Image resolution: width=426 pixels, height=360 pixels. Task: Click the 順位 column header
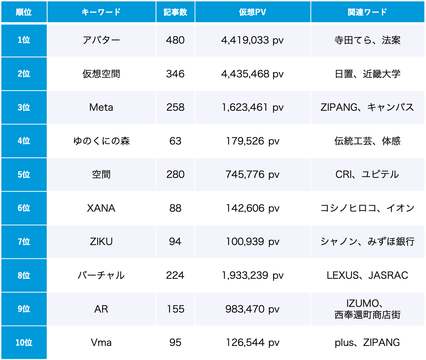click(x=24, y=12)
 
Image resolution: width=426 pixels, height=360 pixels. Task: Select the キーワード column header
click(x=101, y=12)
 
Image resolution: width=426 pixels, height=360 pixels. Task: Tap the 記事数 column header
click(x=175, y=12)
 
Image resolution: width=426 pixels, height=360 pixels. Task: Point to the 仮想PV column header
click(x=252, y=12)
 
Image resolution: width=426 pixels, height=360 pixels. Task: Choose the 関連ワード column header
click(x=367, y=12)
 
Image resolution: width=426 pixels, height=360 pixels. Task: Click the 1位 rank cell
click(x=24, y=40)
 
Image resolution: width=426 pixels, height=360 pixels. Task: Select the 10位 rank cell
click(x=24, y=343)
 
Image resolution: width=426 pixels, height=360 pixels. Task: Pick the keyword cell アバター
click(x=101, y=40)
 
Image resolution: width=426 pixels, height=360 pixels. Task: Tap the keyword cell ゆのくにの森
click(x=101, y=141)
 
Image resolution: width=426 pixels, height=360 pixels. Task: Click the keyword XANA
click(x=101, y=208)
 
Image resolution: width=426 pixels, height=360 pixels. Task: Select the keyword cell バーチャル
click(x=101, y=275)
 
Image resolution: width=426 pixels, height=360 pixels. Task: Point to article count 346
click(x=175, y=74)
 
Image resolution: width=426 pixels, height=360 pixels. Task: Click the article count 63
click(x=175, y=141)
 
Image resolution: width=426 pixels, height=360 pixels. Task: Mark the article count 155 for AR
click(x=175, y=309)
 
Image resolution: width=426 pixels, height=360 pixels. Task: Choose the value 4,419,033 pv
click(x=252, y=40)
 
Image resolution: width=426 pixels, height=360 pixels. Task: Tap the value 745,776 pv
click(x=252, y=174)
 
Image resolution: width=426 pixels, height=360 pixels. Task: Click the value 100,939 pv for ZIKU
click(x=252, y=242)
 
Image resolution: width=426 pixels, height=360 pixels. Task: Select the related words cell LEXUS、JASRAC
click(x=367, y=275)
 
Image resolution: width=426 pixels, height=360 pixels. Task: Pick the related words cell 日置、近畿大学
click(x=367, y=74)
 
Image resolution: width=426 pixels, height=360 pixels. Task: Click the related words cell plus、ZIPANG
click(x=367, y=343)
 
